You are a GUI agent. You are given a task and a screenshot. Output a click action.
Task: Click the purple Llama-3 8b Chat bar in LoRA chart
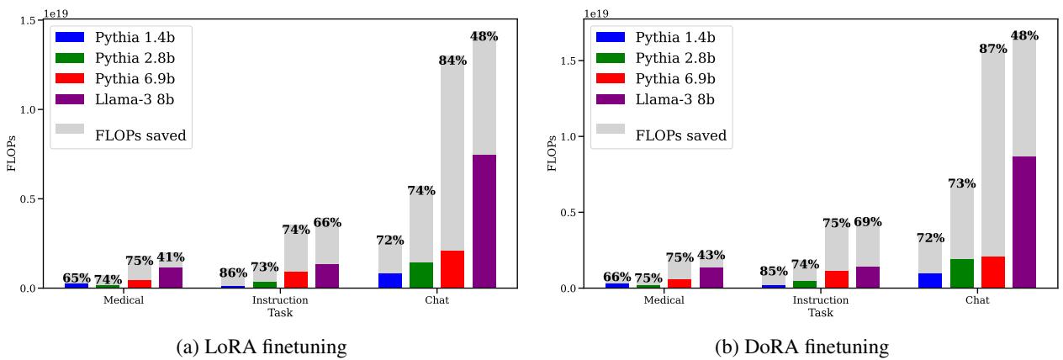[484, 221]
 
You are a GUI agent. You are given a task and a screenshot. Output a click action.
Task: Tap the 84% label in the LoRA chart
[452, 61]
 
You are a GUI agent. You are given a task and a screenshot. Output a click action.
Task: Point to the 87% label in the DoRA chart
[993, 49]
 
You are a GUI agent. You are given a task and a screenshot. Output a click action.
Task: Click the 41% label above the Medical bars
[171, 257]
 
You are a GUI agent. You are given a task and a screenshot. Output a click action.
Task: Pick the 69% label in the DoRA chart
[868, 222]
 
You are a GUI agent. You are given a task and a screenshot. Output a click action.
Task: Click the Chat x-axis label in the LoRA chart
[436, 300]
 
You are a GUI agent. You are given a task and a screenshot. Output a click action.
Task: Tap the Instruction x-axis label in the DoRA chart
[821, 300]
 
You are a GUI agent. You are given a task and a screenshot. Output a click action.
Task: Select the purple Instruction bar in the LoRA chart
[327, 276]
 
